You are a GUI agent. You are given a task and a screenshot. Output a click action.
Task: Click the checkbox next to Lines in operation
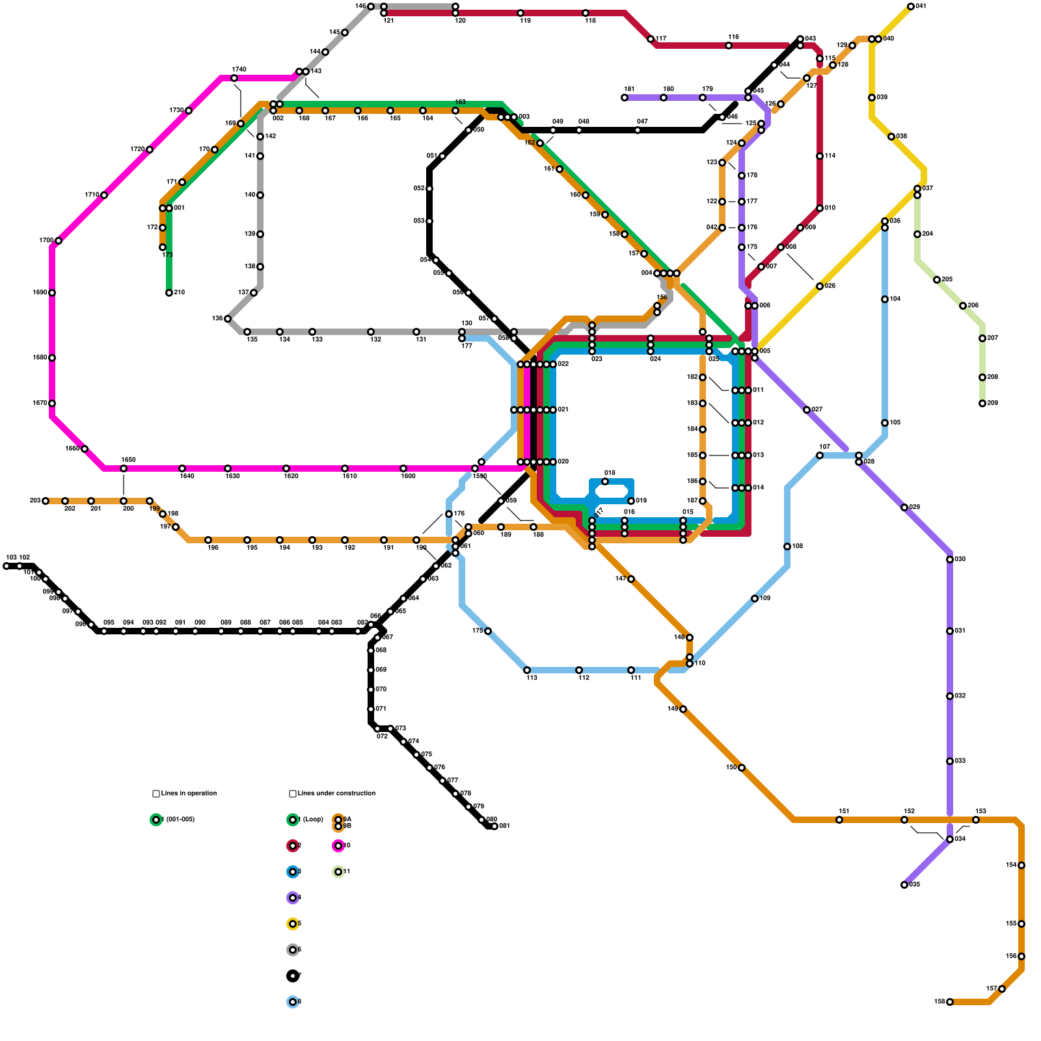(x=156, y=794)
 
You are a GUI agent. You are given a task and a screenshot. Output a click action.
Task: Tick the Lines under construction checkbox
(x=293, y=794)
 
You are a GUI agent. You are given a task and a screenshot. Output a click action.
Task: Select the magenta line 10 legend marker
(x=338, y=846)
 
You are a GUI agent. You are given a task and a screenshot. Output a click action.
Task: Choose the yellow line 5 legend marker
(x=293, y=924)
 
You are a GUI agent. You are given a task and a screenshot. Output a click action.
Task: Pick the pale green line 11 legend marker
(x=338, y=872)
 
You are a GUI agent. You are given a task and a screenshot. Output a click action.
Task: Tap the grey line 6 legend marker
(x=293, y=950)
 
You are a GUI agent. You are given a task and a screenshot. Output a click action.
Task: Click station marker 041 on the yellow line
(x=911, y=7)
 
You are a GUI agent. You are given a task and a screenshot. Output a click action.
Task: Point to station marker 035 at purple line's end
(x=904, y=885)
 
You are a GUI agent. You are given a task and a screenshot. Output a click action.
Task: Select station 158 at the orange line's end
(x=950, y=1002)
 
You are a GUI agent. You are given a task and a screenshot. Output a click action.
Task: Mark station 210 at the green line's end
(x=169, y=293)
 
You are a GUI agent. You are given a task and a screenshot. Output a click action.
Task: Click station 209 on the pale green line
(x=982, y=403)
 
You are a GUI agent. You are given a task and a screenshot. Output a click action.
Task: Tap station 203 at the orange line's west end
(x=46, y=501)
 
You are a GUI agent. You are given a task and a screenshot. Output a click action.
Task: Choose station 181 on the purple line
(x=625, y=98)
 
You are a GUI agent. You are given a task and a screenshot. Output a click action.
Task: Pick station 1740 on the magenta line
(x=234, y=78)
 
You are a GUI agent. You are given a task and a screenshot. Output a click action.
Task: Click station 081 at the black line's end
(x=494, y=826)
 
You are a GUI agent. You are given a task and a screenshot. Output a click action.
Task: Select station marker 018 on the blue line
(x=605, y=481)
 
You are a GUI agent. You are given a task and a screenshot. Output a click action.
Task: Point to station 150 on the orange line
(x=742, y=768)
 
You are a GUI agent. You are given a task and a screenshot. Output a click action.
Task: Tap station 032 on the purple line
(x=950, y=696)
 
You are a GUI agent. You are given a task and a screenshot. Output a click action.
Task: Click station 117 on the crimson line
(x=651, y=39)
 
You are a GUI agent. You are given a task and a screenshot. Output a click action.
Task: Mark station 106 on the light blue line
(x=787, y=547)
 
